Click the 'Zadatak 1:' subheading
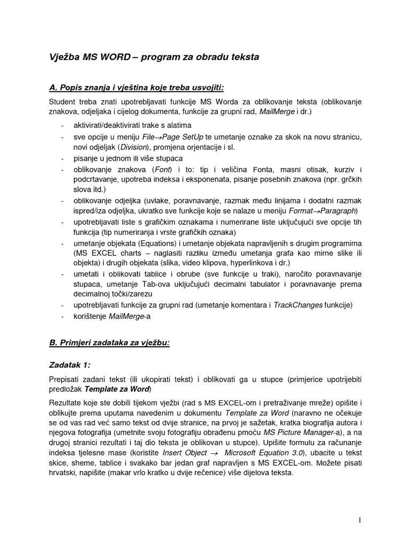click(70, 365)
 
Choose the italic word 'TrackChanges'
click(298, 305)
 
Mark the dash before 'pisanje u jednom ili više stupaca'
click(64, 158)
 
